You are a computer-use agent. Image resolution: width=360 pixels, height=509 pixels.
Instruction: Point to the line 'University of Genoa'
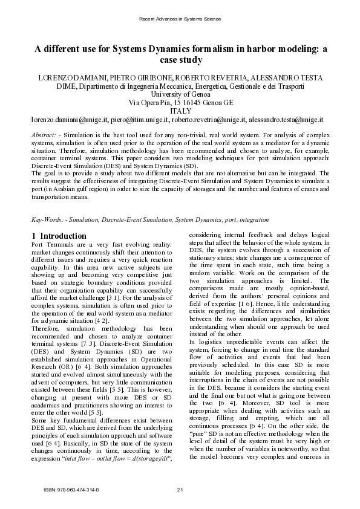click(x=180, y=95)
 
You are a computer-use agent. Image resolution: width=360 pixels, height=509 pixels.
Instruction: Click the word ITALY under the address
click(x=180, y=112)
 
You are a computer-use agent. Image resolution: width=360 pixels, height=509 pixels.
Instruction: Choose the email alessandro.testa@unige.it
click(x=290, y=120)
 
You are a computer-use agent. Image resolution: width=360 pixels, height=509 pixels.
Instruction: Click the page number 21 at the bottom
click(x=180, y=489)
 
